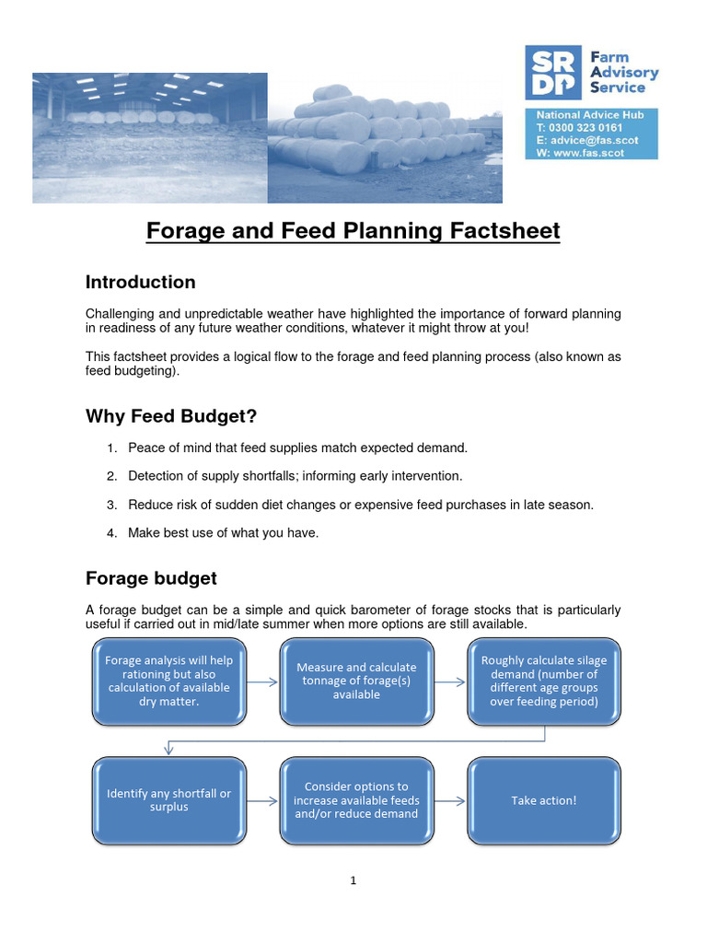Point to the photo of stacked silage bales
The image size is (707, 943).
pyautogui.click(x=385, y=138)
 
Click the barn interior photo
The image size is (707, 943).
pyautogui.click(x=150, y=138)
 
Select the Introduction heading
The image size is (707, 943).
pyautogui.click(x=140, y=282)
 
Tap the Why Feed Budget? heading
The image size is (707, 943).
pyautogui.click(x=171, y=416)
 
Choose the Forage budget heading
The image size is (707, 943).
pyautogui.click(x=151, y=578)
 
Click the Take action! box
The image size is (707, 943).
pyautogui.click(x=544, y=800)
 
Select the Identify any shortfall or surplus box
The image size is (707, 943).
pyautogui.click(x=169, y=800)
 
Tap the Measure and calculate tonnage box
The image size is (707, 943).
pyautogui.click(x=356, y=681)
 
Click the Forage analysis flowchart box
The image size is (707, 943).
pyautogui.click(x=169, y=681)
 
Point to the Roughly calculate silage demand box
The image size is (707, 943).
pyautogui.click(x=544, y=681)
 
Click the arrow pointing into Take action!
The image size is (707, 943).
pyautogui.click(x=450, y=800)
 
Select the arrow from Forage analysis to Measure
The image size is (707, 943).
pyautogui.click(x=262, y=681)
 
